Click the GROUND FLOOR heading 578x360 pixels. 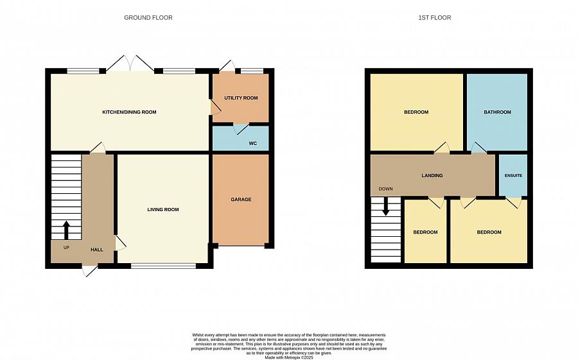click(148, 17)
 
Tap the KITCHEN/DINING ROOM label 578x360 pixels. click(129, 112)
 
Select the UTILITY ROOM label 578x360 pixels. click(241, 98)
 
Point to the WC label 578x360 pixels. click(252, 143)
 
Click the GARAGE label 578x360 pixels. click(241, 200)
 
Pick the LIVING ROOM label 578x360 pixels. click(163, 210)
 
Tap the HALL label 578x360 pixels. click(96, 250)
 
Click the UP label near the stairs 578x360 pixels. click(66, 247)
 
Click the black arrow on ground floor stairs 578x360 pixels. click(66, 230)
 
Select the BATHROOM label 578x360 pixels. click(497, 112)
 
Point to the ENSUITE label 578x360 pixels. click(513, 175)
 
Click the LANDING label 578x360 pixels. click(432, 175)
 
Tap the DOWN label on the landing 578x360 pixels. click(385, 189)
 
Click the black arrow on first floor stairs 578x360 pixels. click(385, 206)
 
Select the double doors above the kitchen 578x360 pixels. click(130, 64)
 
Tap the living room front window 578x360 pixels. click(163, 265)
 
